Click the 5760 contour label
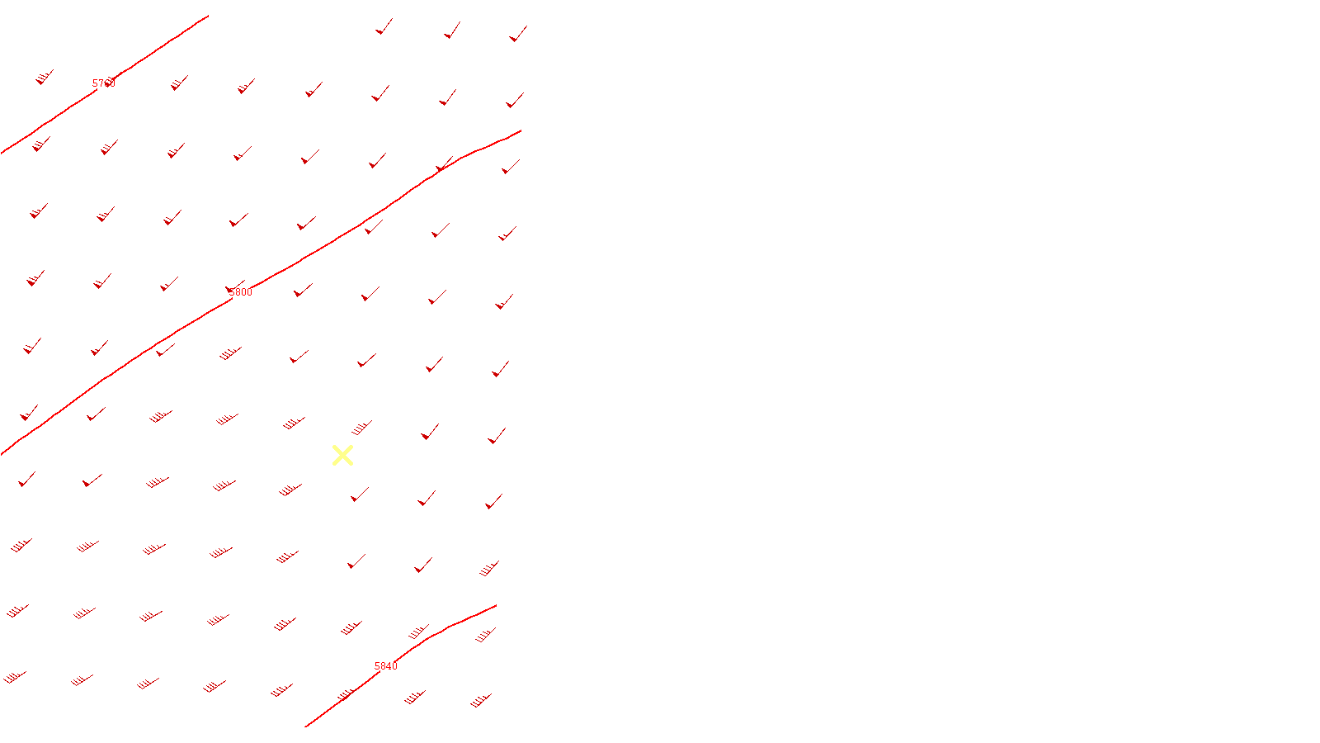coord(104,83)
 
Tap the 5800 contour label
coord(240,292)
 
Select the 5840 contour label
coord(385,666)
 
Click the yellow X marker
coord(342,455)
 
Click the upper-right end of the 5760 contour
coord(208,16)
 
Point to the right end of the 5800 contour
coord(520,131)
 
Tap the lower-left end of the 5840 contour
coord(306,726)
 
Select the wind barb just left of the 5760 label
coord(45,78)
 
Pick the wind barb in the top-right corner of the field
coord(518,34)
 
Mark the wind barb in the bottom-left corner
coord(15,678)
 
